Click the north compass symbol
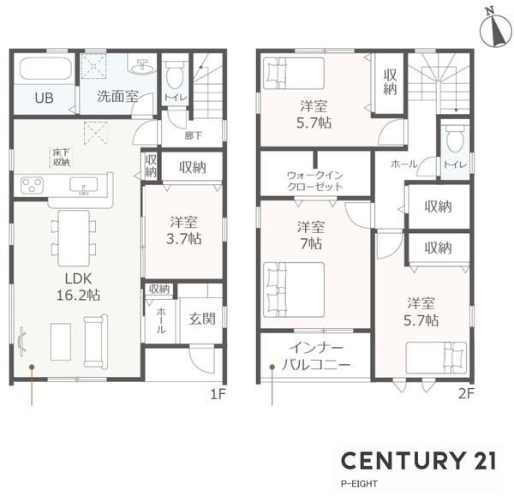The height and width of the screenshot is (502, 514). (495, 29)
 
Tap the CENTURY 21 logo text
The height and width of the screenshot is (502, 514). (419, 460)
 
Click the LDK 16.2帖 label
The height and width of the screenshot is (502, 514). (78, 287)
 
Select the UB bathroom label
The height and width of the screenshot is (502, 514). (45, 98)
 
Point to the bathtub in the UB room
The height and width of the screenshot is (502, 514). (45, 69)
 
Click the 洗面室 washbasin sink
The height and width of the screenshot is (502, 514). (142, 67)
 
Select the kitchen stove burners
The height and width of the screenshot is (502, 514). (32, 185)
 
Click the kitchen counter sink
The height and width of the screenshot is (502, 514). (84, 185)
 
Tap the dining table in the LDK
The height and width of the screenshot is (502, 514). (74, 238)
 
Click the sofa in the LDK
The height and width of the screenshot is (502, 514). (95, 341)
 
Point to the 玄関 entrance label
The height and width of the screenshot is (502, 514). (202, 319)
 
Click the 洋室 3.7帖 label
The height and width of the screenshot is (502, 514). (183, 230)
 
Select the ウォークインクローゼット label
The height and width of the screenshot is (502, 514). (315, 182)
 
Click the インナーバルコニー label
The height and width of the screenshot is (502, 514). (316, 356)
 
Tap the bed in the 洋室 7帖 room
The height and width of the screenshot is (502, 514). (294, 290)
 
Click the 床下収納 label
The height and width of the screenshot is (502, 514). (62, 158)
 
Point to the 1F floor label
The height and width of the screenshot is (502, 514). (218, 394)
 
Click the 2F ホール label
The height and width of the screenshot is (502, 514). (404, 164)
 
